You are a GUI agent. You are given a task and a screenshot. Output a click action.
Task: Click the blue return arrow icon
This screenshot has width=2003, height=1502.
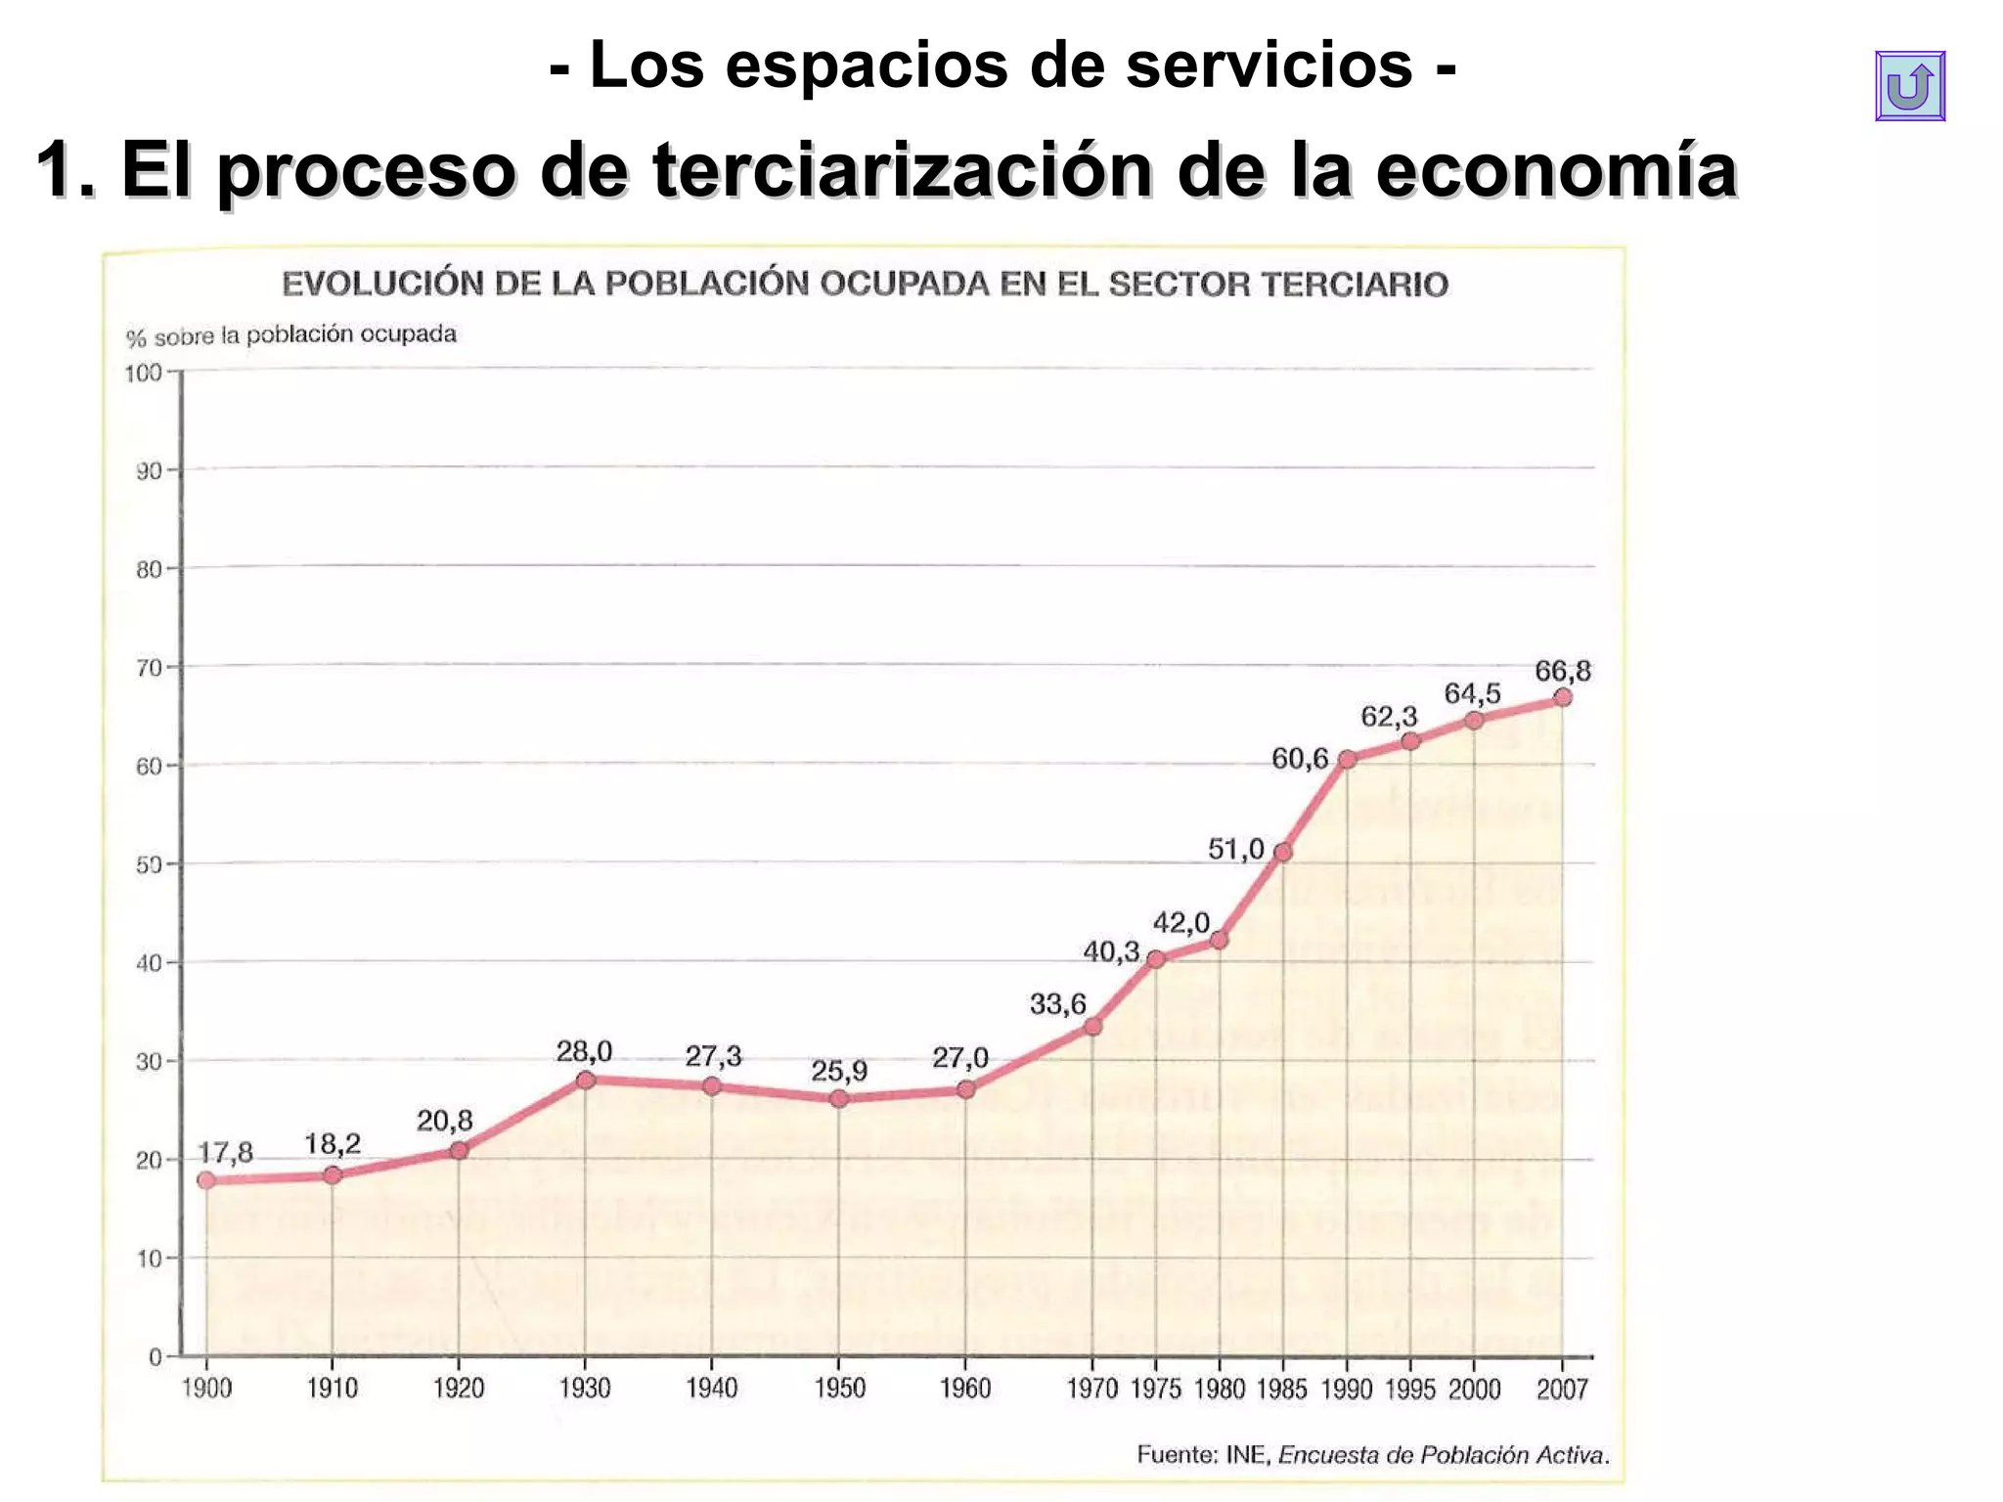(x=1909, y=86)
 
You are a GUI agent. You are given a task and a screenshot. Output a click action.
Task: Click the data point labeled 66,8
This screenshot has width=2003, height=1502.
(x=1562, y=697)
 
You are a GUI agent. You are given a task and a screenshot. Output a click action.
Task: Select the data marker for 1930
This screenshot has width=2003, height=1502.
(x=585, y=1080)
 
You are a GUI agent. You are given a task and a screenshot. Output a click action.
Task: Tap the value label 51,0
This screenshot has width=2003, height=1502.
(x=1235, y=849)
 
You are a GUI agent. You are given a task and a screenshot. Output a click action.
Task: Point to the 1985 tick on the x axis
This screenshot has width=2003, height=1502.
(x=1281, y=1389)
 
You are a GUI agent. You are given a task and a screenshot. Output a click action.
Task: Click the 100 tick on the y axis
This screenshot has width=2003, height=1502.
(x=144, y=373)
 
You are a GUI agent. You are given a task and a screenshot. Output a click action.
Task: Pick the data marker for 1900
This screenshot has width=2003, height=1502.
(x=206, y=1180)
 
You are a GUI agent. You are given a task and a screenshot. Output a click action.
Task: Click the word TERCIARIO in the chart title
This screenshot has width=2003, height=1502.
(x=1354, y=285)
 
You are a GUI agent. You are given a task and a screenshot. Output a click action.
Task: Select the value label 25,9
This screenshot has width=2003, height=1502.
(x=838, y=1071)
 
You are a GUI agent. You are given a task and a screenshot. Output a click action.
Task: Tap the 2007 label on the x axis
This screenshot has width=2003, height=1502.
(x=1562, y=1389)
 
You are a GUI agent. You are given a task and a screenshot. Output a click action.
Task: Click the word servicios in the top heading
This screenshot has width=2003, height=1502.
(x=1269, y=65)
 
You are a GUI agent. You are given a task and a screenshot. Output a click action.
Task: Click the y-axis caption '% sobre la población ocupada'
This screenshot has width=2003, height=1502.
(x=290, y=335)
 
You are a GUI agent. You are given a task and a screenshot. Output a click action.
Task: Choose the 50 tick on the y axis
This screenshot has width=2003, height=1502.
(x=149, y=864)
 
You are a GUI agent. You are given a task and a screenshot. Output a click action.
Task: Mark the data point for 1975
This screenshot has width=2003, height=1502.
(x=1155, y=958)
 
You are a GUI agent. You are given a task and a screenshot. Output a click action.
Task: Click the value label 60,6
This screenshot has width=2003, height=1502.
(x=1299, y=758)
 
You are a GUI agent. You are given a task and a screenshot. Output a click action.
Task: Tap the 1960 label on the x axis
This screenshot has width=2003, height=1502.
(x=964, y=1389)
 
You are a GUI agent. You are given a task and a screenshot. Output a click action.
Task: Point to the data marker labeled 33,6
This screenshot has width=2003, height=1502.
(x=1092, y=1026)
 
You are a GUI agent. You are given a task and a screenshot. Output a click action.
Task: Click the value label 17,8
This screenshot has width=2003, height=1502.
(x=225, y=1153)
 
